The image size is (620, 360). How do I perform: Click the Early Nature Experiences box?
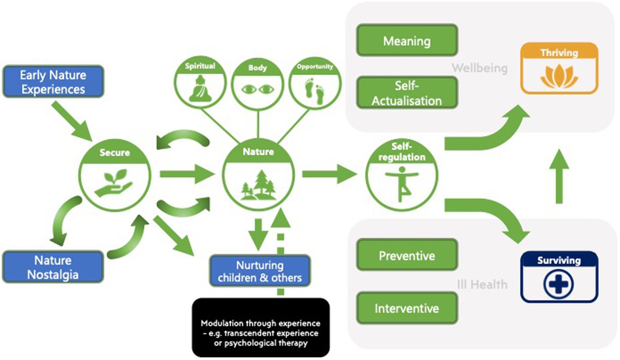point(53,82)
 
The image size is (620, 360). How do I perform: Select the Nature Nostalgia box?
point(53,267)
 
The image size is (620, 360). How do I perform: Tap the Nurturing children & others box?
point(260,271)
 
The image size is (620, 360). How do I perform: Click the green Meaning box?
point(407,41)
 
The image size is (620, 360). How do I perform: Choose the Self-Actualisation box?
point(407,93)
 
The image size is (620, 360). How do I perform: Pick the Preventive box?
point(407,255)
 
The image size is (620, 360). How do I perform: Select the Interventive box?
point(407,308)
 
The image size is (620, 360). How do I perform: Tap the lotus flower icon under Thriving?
point(559,76)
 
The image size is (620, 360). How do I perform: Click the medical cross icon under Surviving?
point(559,284)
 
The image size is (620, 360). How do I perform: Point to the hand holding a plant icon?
point(114,184)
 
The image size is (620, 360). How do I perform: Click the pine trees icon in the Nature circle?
point(259,185)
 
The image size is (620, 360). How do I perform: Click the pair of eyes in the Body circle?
point(258,89)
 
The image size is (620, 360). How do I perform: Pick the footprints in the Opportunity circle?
point(315,90)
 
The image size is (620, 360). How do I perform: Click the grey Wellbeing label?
point(479,68)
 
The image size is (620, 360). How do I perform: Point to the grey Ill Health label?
point(482,284)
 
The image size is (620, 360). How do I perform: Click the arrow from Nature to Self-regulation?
point(329,174)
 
